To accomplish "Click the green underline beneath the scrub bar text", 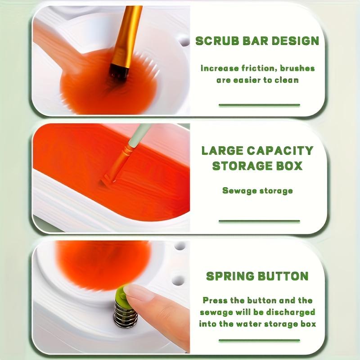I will tap(259, 105).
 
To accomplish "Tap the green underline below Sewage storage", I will tap(259, 221).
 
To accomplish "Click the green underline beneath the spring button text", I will tap(259, 340).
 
